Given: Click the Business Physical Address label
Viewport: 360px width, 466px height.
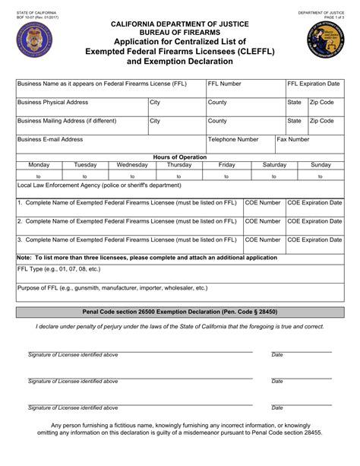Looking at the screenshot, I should pos(53,101).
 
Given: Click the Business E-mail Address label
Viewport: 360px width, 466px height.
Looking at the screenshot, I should pos(50,140).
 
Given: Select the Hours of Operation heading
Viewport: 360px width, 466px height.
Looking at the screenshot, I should pos(180,157).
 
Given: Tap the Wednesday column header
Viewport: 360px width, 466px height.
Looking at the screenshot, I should pos(132,164).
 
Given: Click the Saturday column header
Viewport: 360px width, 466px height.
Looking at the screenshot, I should pos(274,164).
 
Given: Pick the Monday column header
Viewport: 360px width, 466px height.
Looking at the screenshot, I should pos(39,164).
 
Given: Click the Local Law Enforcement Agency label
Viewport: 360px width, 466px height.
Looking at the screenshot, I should pos(99,185).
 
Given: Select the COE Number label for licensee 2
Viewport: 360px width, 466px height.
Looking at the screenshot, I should pos(263,221).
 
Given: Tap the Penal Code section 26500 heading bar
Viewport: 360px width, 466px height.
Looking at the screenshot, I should pos(180,312).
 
